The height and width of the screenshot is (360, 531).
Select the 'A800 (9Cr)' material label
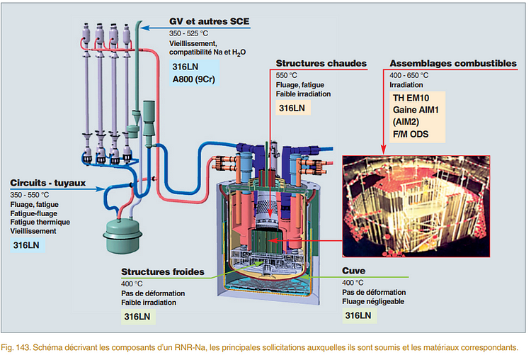click(x=194, y=79)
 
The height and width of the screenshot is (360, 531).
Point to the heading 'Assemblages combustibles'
click(x=453, y=63)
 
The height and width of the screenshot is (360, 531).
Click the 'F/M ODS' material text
click(x=414, y=134)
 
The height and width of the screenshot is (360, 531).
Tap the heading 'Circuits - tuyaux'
click(x=47, y=182)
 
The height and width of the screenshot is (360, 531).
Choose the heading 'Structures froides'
click(x=163, y=271)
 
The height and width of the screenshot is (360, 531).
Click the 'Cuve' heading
click(x=354, y=271)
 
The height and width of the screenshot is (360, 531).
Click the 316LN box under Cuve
click(x=358, y=315)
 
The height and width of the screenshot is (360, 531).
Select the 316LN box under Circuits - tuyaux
click(x=27, y=244)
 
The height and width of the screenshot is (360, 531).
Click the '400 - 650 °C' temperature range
click(x=409, y=74)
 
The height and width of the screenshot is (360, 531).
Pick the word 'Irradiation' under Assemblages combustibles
click(x=406, y=84)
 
